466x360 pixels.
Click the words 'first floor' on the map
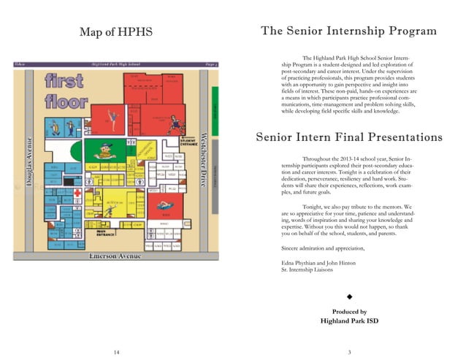pos(66,91)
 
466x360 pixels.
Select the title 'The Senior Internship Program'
pos(348,31)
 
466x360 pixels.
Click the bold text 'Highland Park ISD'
pos(349,321)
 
